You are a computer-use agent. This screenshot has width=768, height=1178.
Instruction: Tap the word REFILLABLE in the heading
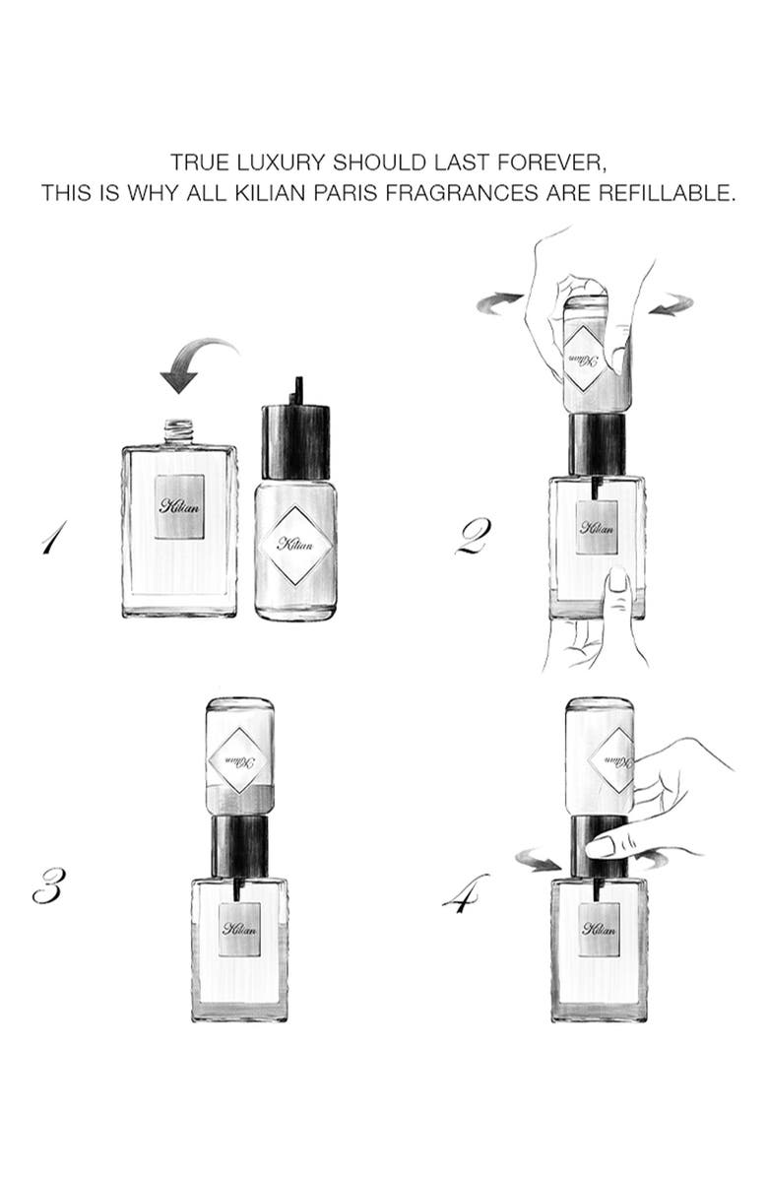pyautogui.click(x=665, y=193)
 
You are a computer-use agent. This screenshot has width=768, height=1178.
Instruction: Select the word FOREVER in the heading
pyautogui.click(x=551, y=163)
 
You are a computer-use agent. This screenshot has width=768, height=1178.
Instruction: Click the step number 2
pyautogui.click(x=474, y=537)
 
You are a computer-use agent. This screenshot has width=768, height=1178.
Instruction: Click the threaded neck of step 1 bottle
pyautogui.click(x=178, y=432)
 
